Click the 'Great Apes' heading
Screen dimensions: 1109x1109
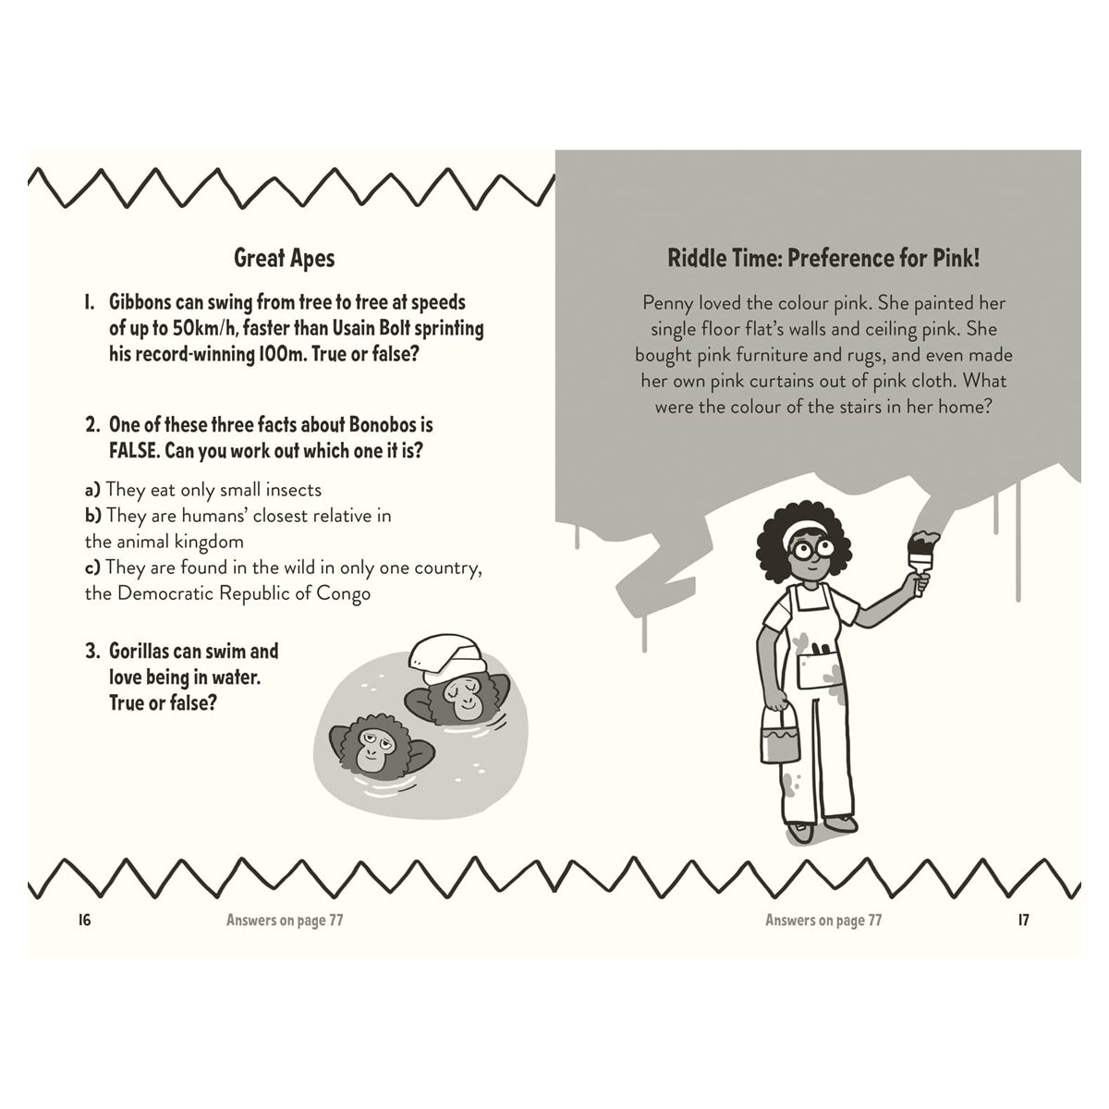285,259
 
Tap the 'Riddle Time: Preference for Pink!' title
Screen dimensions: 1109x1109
823,259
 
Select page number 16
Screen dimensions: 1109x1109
85,920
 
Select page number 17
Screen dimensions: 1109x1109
1023,920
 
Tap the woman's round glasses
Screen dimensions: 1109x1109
812,548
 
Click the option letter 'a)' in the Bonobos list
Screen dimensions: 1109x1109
92,491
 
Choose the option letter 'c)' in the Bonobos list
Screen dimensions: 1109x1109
92,568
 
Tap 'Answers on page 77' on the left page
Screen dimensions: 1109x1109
285,920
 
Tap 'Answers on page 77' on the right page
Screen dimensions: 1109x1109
823,920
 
